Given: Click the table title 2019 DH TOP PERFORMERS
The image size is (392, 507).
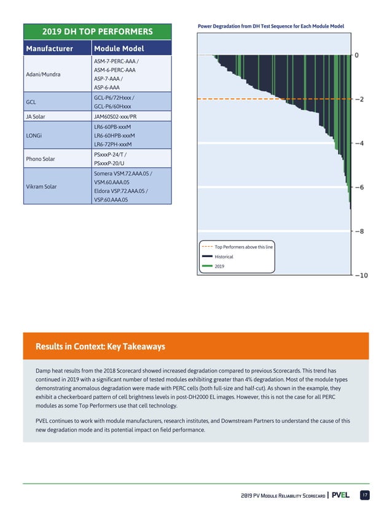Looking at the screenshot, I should (97, 31).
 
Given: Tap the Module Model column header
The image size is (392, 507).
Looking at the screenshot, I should (119, 48).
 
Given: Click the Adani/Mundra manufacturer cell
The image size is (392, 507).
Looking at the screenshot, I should (43, 74).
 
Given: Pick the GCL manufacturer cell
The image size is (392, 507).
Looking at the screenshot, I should (30, 102).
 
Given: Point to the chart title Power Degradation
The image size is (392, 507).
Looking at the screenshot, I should (270, 26).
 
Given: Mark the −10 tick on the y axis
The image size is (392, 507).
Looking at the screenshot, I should (361, 276).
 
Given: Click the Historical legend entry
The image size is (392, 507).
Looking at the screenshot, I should (224, 257).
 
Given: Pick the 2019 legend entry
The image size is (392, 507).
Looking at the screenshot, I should (220, 266).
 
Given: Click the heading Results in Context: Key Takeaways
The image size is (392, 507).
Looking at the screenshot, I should (100, 347).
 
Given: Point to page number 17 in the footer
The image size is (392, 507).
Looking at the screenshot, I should (364, 495).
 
